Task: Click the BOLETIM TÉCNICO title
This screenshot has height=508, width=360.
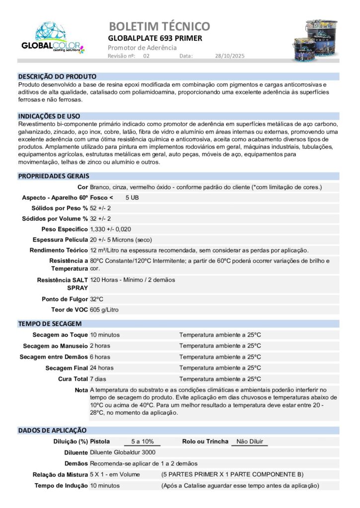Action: point(159,26)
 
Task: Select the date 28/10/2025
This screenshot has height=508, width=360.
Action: point(230,56)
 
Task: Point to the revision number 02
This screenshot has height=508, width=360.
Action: point(146,56)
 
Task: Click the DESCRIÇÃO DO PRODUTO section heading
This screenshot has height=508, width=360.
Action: point(57,76)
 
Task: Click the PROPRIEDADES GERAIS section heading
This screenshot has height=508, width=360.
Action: point(54,176)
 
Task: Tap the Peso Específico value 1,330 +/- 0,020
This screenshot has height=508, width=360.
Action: point(117,229)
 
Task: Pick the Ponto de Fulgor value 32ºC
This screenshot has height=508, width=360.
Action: point(97,299)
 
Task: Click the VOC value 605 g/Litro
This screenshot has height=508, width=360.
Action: point(104,310)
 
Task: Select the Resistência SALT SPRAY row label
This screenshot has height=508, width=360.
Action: point(63,284)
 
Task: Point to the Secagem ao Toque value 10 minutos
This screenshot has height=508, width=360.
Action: point(105,335)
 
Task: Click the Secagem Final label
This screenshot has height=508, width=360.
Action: point(67,368)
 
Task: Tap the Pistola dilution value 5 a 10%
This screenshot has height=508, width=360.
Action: point(142,441)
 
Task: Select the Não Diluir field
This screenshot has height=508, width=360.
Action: point(249,441)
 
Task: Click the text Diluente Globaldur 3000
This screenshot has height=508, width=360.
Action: point(123,452)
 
